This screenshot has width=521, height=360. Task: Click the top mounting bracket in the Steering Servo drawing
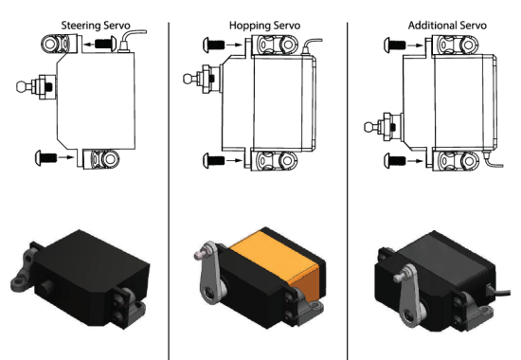point(60,44)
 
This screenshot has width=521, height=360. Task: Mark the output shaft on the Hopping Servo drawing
point(202,75)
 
